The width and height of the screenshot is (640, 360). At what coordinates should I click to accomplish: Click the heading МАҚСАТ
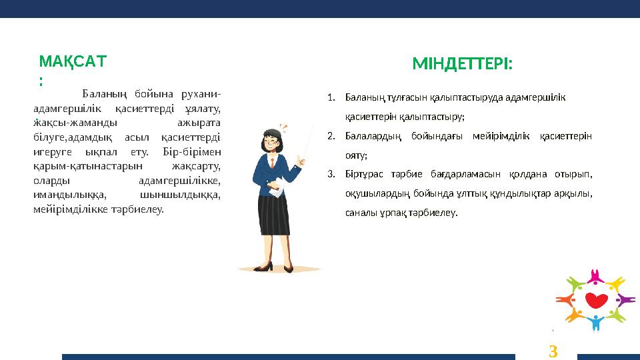(72, 62)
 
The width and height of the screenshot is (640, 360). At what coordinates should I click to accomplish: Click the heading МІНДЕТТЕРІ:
(463, 64)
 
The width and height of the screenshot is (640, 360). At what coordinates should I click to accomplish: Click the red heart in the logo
(595, 299)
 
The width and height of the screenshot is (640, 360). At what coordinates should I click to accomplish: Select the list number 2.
(331, 136)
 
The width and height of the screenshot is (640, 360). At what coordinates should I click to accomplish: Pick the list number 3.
(331, 175)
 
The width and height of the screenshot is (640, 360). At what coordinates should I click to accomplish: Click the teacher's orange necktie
(272, 163)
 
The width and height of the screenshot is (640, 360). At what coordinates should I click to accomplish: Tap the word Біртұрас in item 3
(362, 175)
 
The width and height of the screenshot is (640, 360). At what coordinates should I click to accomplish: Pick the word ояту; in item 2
(356, 155)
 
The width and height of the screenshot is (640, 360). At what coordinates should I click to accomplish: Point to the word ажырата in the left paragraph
(201, 123)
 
